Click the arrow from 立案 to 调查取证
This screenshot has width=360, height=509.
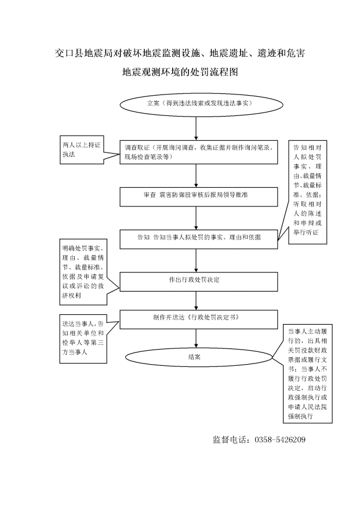[x=196, y=129]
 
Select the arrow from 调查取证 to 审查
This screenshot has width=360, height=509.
[x=196, y=176]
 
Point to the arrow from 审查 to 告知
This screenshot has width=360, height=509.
[x=196, y=218]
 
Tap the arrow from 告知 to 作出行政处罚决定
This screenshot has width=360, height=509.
[x=196, y=260]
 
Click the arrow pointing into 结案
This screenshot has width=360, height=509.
[x=196, y=339]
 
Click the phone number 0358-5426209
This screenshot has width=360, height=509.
[x=280, y=440]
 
